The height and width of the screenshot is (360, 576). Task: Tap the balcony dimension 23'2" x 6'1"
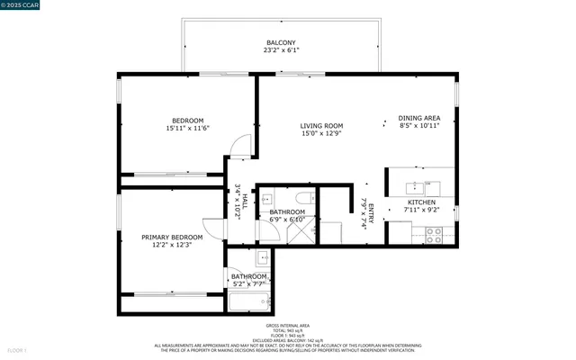click(282, 50)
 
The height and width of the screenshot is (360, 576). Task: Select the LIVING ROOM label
click(321, 126)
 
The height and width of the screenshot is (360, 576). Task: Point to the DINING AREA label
click(419, 118)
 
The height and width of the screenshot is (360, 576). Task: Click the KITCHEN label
click(421, 202)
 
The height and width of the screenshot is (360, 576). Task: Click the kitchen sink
click(417, 188)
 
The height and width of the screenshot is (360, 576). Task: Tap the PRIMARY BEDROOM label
click(172, 238)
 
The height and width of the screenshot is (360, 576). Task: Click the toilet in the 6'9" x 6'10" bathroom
click(303, 199)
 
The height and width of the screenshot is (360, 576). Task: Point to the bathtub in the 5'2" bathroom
click(248, 301)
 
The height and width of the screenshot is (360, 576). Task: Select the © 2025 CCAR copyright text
click(20, 5)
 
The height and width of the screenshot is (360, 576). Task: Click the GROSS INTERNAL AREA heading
click(288, 325)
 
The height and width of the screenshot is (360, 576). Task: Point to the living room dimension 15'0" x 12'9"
click(321, 134)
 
